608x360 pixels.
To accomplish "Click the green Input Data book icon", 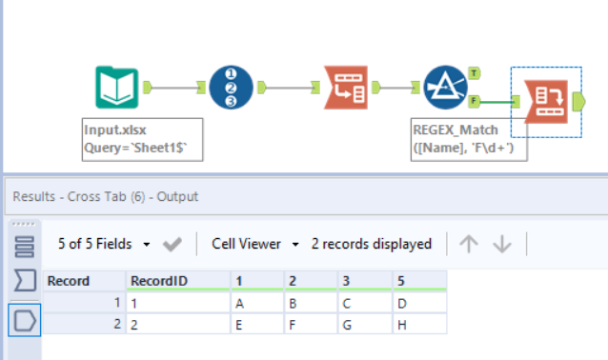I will point(117,88).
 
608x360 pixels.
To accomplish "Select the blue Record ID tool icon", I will point(232,88).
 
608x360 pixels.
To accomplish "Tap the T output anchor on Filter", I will point(474,73).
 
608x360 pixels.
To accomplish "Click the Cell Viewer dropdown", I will point(254,244).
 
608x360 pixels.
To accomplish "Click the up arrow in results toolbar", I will point(468,244).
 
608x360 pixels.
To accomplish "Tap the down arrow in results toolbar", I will point(501,244).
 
